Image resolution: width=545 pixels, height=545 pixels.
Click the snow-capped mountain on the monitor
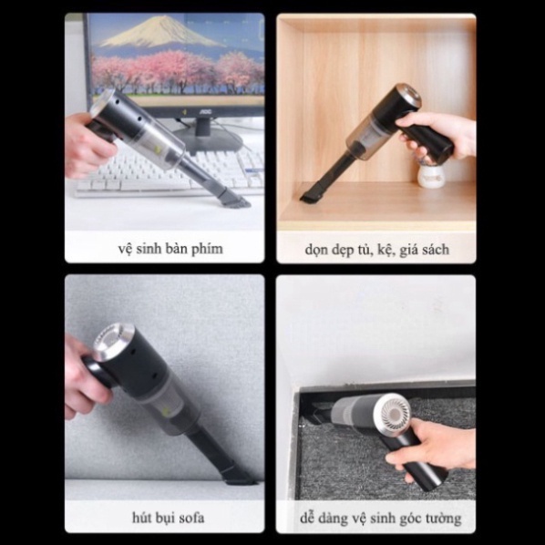(x=159, y=34)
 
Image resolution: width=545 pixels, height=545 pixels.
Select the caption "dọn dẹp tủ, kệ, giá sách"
(x=375, y=248)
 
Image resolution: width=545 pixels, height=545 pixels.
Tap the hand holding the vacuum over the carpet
(x=436, y=447)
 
